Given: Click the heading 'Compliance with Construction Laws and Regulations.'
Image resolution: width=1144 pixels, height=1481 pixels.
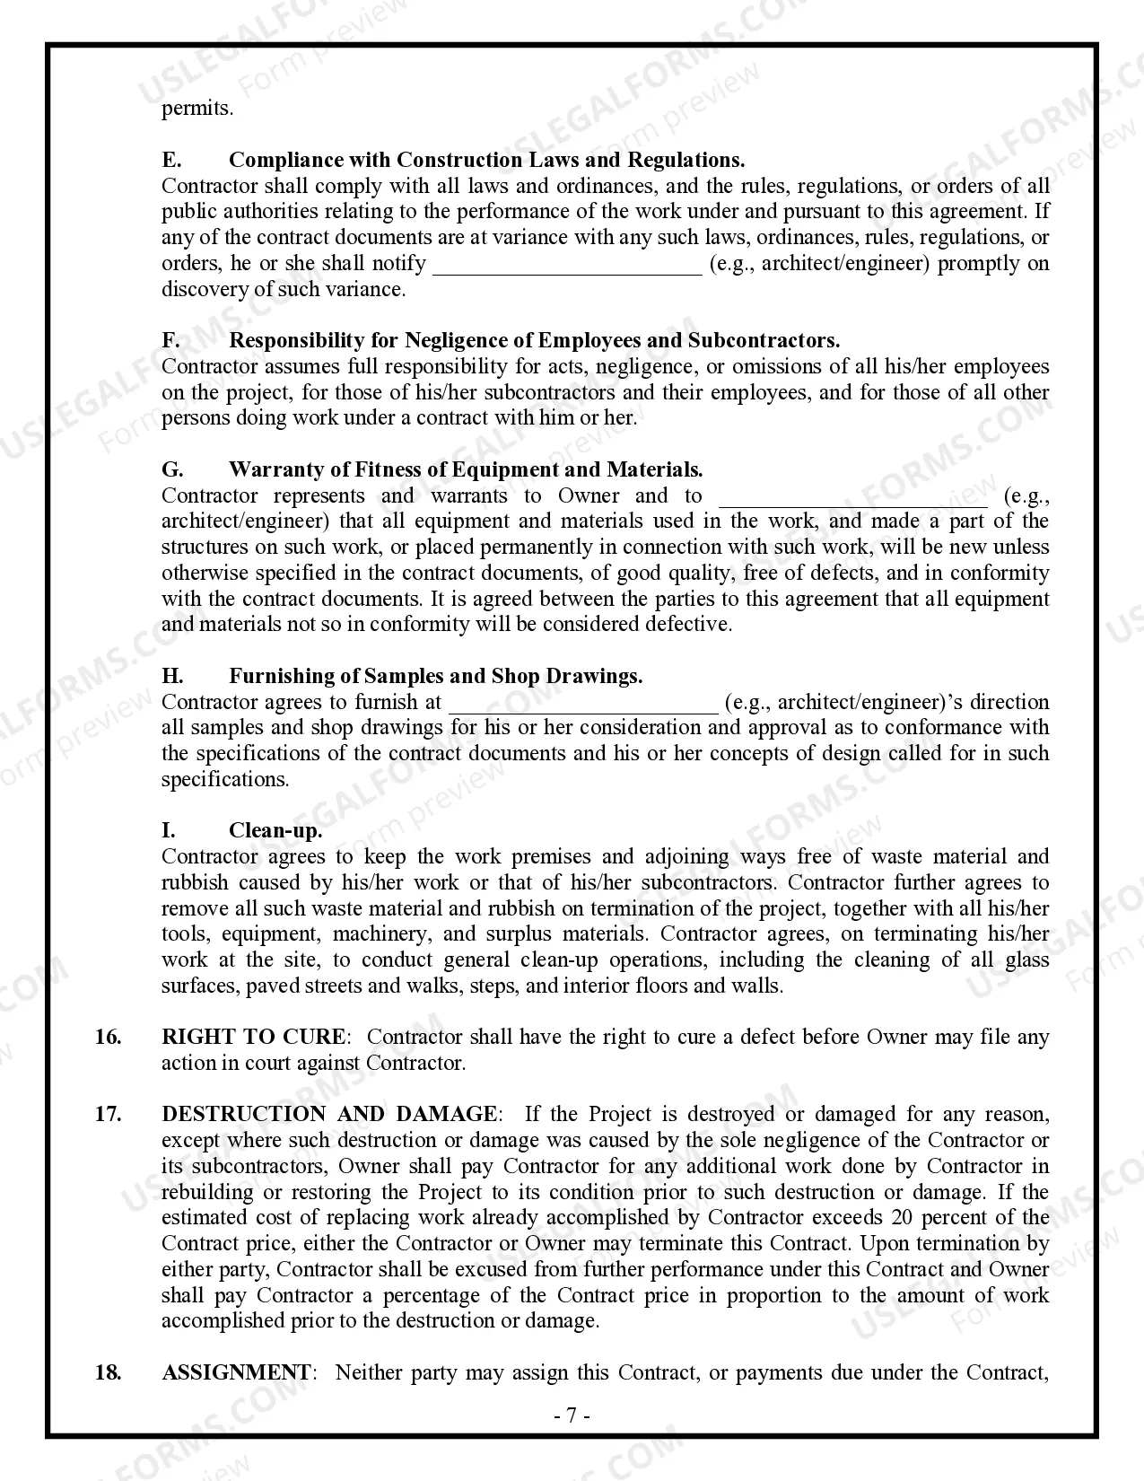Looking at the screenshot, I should click(x=486, y=160).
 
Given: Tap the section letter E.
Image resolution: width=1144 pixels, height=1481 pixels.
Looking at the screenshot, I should click(x=170, y=160).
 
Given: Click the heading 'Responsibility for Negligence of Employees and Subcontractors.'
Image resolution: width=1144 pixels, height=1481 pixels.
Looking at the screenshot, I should click(x=534, y=340).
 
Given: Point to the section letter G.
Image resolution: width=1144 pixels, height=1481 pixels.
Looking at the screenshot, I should click(x=171, y=469).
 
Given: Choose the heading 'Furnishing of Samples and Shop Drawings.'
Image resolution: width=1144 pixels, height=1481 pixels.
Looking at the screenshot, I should click(x=435, y=676).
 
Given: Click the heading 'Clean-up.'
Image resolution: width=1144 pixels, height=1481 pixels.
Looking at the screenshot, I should click(x=275, y=830).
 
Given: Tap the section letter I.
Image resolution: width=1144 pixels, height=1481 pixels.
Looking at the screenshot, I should click(x=168, y=830).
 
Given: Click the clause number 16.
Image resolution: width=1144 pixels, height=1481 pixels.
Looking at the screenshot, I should click(x=108, y=1037).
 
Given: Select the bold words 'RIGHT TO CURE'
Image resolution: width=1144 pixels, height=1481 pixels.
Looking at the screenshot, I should click(x=253, y=1037).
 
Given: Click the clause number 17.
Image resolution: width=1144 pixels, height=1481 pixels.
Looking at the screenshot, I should click(x=108, y=1114).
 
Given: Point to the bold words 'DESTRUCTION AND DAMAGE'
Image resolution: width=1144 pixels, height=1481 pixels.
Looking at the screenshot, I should click(x=328, y=1114).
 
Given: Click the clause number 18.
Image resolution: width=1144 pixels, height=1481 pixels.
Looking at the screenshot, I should click(x=108, y=1372).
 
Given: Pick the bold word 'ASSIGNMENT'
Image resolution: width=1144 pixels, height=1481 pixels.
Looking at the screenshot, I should click(x=236, y=1372).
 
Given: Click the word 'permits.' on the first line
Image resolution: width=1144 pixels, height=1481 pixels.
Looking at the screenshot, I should click(x=196, y=109).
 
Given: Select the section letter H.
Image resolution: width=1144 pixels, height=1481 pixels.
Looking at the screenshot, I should click(x=171, y=676).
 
